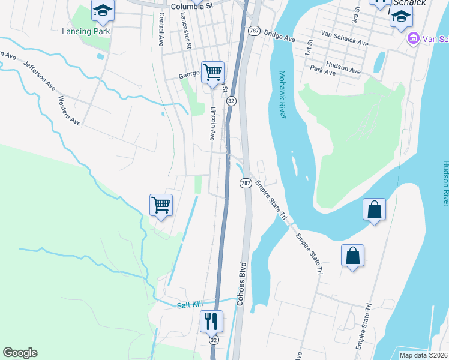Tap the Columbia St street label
191,7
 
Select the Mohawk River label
283,95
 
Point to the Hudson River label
445,183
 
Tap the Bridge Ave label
279,37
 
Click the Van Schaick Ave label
345,40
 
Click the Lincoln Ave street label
212,124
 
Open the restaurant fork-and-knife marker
211,321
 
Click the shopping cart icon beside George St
212,73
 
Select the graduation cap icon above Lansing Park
103,10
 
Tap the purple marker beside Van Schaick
413,40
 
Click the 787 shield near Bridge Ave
253,31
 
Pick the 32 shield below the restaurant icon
214,340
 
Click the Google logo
20,353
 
